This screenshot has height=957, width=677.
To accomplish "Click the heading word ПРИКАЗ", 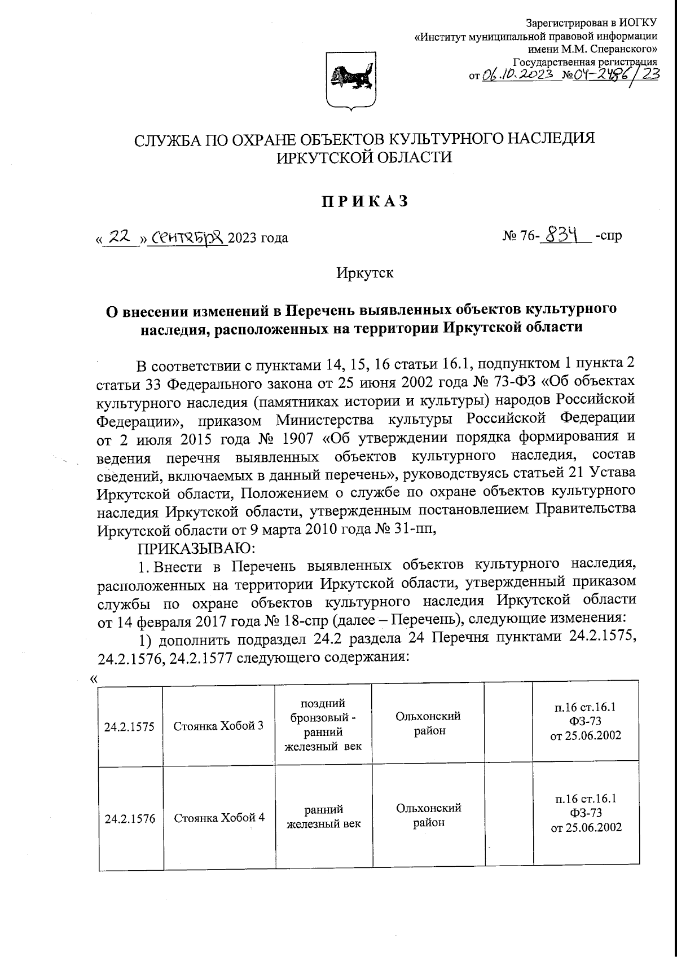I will (365, 201).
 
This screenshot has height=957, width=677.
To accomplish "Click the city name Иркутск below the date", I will (365, 274).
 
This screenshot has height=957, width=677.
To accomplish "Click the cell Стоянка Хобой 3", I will (218, 726).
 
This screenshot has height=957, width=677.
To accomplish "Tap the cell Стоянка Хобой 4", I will (219, 818).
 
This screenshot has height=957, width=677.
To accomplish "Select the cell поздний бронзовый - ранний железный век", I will (323, 725).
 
